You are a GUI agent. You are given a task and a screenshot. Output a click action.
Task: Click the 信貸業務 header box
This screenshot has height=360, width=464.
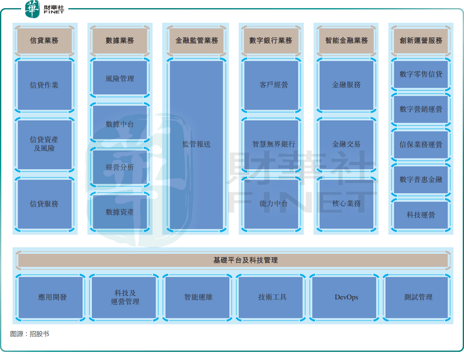click(x=44, y=40)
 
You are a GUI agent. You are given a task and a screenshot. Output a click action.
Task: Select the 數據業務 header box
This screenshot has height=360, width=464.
click(x=120, y=40)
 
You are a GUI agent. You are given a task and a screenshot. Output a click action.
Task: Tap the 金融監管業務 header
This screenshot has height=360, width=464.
click(x=196, y=40)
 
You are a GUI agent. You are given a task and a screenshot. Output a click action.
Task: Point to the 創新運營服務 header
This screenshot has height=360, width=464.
click(x=421, y=40)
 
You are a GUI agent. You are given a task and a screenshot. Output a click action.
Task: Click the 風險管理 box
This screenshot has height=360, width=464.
click(x=120, y=78)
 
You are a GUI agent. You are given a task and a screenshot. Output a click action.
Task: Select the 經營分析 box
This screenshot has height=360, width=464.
click(x=120, y=167)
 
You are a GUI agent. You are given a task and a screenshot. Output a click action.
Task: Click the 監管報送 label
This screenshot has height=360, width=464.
click(x=196, y=144)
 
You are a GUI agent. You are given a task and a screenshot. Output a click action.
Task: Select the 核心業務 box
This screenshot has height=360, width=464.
click(x=346, y=204)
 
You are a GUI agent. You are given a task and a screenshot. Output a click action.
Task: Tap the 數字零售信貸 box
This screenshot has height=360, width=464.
click(x=421, y=74)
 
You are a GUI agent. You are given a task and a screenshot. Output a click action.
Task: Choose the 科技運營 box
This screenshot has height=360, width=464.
click(x=421, y=215)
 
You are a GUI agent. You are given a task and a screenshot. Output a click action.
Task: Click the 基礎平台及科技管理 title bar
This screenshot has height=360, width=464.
click(x=233, y=260)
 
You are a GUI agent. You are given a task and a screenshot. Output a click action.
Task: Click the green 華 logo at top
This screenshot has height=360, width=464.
click(x=32, y=9)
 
